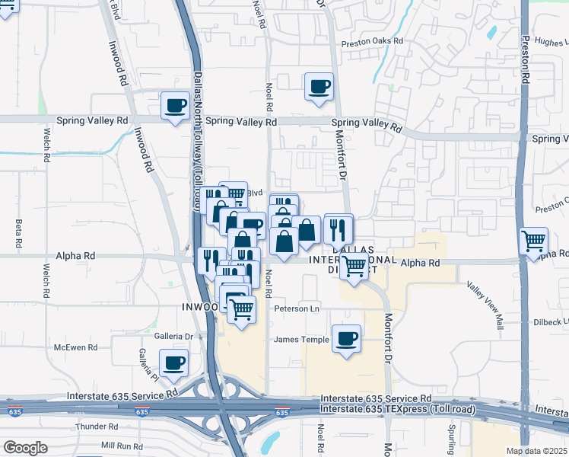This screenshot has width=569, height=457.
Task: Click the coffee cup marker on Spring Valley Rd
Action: tap(175, 106)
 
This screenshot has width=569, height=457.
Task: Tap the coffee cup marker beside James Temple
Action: tap(346, 339)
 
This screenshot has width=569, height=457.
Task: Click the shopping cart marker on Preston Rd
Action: tap(533, 241)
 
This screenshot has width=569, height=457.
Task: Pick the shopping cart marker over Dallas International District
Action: tap(354, 267)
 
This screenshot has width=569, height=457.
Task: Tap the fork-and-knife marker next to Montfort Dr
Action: tap(338, 228)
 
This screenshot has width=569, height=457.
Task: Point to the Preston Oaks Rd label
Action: tap(370, 43)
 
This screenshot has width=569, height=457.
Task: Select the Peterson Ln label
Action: tap(297, 308)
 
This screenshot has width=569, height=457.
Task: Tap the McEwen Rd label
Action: tap(76, 347)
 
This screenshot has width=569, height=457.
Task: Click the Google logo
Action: tap(25, 448)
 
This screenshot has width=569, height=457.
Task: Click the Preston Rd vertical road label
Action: tap(525, 57)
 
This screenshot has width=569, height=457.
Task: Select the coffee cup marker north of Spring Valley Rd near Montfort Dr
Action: tap(319, 86)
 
